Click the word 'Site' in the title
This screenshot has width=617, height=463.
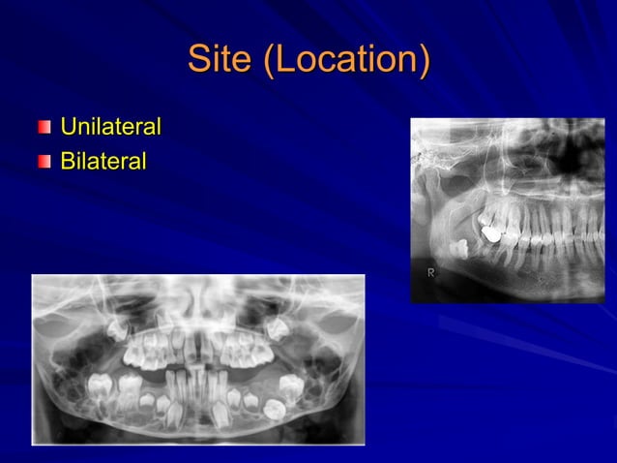click(x=219, y=59)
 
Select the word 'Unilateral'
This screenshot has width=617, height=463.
click(x=110, y=127)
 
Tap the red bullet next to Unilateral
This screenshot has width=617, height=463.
click(x=44, y=128)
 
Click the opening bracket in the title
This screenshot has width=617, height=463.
click(x=258, y=60)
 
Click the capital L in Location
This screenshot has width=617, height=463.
click(x=276, y=59)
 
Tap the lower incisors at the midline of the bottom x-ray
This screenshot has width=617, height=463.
click(x=198, y=392)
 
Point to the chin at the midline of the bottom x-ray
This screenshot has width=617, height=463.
click(x=198, y=431)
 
